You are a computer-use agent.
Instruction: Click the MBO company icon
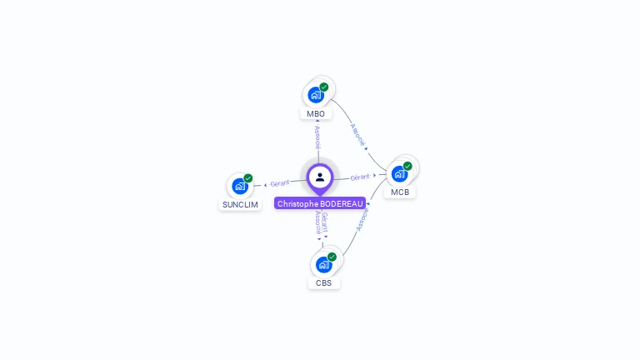316,95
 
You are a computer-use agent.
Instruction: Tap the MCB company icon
400,174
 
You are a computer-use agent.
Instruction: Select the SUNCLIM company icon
240,186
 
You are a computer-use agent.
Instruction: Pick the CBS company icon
323,265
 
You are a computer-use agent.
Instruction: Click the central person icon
320,177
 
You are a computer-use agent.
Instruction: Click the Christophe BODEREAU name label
320,203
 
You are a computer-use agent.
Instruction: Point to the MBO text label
316,114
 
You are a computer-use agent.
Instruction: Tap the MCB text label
400,192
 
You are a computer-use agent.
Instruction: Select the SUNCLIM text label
240,204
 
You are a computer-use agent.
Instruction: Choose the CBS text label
324,283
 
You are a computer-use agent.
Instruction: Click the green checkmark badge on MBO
324,87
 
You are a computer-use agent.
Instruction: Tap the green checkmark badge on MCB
407,166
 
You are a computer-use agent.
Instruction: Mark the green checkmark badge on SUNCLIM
247,178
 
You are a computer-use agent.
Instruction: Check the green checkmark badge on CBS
332,257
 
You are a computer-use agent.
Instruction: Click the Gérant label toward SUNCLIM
279,183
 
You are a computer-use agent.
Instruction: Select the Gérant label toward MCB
360,177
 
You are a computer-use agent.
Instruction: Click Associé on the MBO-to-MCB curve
357,134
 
